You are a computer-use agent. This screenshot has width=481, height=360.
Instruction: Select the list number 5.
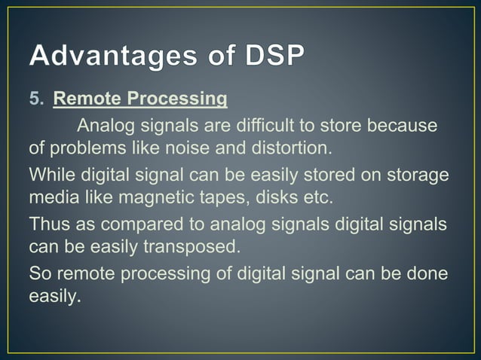(35, 99)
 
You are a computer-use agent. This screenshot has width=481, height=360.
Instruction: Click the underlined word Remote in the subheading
(87, 99)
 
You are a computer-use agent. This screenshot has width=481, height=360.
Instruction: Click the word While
(49, 175)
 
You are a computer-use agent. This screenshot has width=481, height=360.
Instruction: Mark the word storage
(418, 175)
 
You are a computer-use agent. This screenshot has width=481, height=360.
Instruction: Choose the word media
(51, 197)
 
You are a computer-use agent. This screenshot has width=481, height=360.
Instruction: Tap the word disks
(266, 197)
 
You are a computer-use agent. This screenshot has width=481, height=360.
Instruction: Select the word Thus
(47, 224)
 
